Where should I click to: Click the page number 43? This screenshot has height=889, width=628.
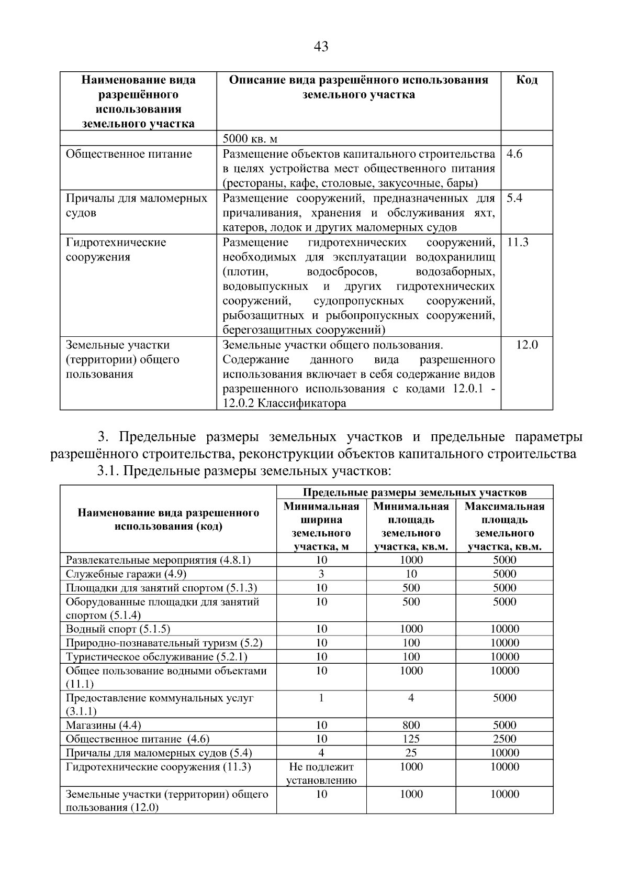click(321, 47)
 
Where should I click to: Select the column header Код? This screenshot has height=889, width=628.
click(526, 80)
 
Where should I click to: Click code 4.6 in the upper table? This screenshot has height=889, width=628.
click(514, 154)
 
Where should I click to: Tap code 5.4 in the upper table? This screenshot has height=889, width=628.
click(514, 198)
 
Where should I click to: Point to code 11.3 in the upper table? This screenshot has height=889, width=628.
click(518, 242)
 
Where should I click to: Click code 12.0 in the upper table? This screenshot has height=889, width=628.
click(526, 345)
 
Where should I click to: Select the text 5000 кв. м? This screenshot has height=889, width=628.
click(250, 139)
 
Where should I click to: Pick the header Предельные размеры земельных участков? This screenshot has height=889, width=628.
click(414, 492)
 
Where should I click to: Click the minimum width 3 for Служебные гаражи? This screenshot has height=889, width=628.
click(321, 574)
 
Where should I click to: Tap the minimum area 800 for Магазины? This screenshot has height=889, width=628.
click(411, 725)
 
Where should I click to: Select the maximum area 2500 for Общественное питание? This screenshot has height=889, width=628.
click(504, 739)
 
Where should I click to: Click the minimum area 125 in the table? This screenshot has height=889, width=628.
click(411, 739)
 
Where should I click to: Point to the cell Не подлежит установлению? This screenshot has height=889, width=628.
click(321, 773)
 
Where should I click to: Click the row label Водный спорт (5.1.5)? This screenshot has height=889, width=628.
click(118, 629)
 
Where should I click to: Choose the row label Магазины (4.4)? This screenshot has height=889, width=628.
click(103, 726)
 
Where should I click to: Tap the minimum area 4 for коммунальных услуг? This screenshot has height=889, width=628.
click(411, 698)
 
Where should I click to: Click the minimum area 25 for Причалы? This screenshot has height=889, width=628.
click(411, 753)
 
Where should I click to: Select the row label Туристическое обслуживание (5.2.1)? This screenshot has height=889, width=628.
click(156, 657)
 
